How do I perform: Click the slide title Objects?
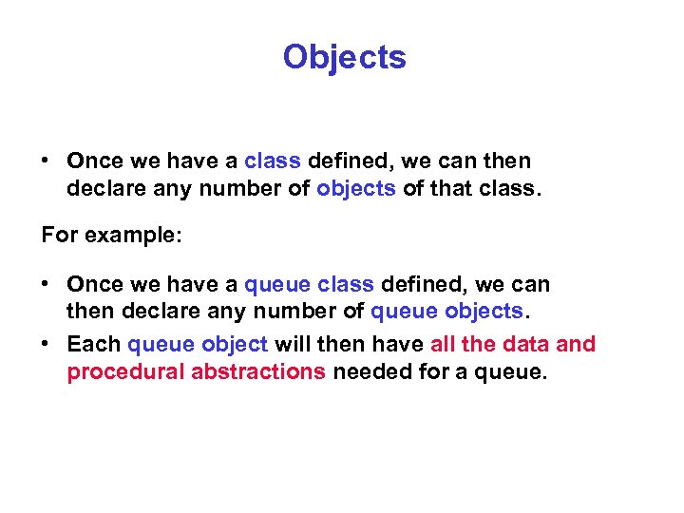click(344, 57)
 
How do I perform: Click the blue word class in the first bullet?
click(273, 161)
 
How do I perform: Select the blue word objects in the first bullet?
click(356, 188)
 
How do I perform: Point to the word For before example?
click(60, 235)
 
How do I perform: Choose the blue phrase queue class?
click(309, 284)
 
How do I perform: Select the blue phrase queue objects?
click(446, 311)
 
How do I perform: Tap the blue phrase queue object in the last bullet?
click(198, 344)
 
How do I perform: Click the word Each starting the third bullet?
click(93, 344)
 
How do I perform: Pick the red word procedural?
click(125, 371)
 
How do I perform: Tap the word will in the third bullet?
click(292, 344)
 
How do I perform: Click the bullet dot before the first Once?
click(46, 161)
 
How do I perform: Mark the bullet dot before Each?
click(46, 344)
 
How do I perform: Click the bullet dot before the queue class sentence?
click(46, 284)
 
